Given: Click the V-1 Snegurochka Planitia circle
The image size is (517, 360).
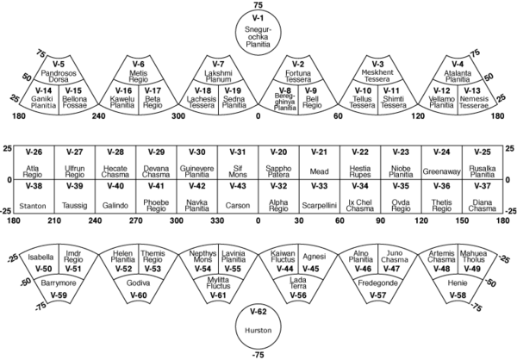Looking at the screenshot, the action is coord(258,32).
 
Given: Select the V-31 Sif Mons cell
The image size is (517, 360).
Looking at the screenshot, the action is coord(238,162).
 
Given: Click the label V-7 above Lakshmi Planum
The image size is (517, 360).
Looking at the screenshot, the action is coord(218,64).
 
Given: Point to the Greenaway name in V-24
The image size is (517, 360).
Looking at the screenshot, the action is coord(441,171).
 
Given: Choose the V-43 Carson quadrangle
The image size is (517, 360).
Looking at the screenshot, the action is coord(238,196).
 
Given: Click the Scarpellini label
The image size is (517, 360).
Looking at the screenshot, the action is coord(319,206).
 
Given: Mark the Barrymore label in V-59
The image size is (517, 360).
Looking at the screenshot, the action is coord(59,283).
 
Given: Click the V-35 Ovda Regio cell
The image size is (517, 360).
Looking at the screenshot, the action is coord(401,196).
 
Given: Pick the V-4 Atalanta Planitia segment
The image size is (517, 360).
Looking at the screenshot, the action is coord(458,69).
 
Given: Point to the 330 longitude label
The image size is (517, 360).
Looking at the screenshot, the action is coord(217,220).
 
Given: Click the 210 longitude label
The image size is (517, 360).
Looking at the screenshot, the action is coord(54,220).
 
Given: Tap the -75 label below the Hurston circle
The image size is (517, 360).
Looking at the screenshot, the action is coord(258,355).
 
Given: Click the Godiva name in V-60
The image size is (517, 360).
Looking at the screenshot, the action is coord(138,283).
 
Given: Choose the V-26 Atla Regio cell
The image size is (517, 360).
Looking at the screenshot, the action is coord(34,162).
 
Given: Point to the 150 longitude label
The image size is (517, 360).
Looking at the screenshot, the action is coord(462,220).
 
